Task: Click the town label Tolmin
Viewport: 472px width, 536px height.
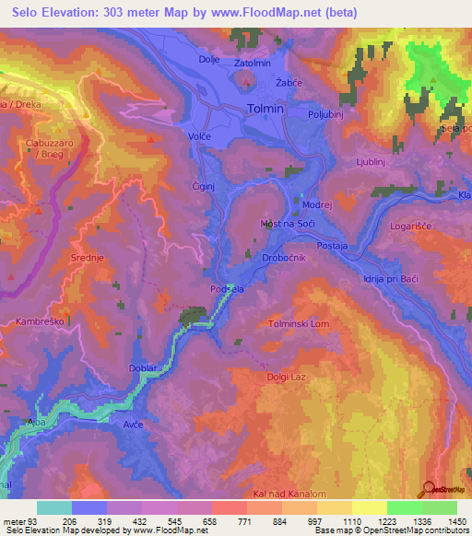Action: [x=267, y=108]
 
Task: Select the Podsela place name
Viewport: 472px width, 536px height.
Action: [x=226, y=288]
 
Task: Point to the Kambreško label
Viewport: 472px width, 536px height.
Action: [x=39, y=321]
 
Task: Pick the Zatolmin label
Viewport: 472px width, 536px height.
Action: [x=253, y=63]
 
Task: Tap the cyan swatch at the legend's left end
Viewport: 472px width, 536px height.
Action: [x=53, y=507]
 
